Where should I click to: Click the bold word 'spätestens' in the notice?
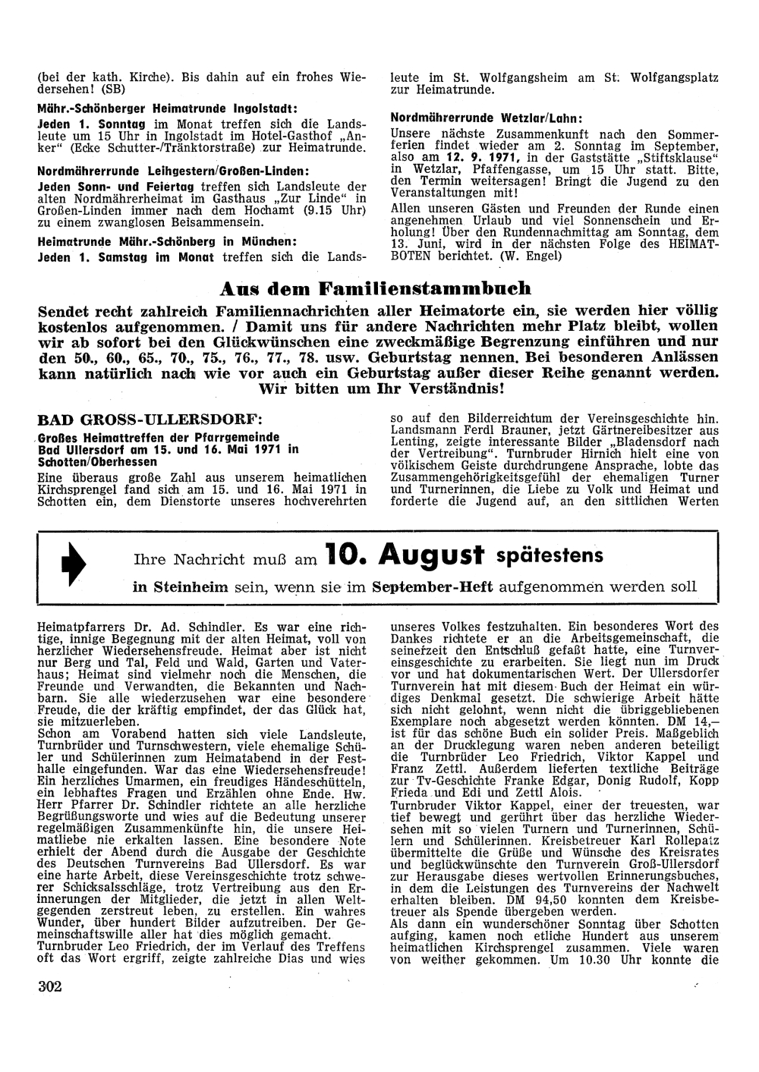[x=550, y=556]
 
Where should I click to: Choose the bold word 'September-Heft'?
[x=432, y=587]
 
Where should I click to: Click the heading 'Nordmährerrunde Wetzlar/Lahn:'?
[x=486, y=118]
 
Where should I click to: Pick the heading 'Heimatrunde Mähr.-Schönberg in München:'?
[x=166, y=242]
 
